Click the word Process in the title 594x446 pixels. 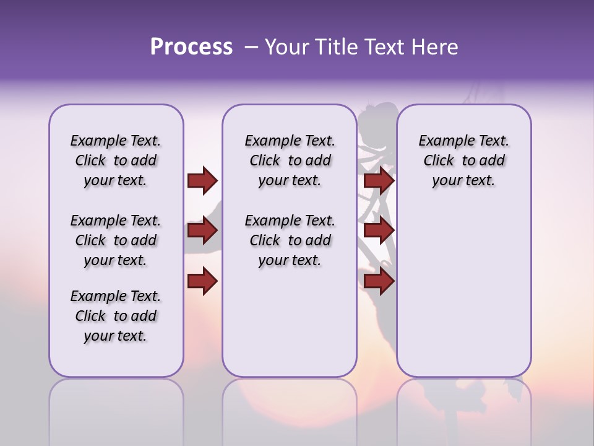[191, 47]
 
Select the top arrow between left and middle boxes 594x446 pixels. [202, 180]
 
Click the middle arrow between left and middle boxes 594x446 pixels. [202, 231]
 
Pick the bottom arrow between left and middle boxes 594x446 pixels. [202, 281]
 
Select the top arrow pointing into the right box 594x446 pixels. [379, 180]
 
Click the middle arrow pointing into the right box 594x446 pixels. [379, 231]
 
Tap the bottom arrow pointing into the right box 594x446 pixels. [379, 281]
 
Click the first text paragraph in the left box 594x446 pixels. [116, 160]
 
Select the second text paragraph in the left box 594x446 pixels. [116, 240]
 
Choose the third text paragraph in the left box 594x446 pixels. [116, 316]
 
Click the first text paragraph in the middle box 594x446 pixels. [290, 160]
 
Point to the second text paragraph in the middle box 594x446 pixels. [290, 240]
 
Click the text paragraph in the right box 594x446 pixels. [463, 160]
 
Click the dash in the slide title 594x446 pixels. [251, 47]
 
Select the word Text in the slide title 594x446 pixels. [385, 47]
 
